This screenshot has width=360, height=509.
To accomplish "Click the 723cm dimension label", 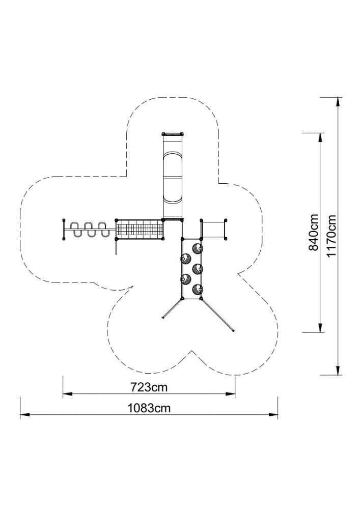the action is coord(149,387).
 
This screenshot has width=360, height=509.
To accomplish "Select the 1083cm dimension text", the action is coord(149,408).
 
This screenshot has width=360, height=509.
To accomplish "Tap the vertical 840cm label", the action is coord(313,232).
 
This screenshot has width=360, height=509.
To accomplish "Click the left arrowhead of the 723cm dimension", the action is coord(67,394).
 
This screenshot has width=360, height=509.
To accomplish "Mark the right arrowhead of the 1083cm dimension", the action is coord(273,414).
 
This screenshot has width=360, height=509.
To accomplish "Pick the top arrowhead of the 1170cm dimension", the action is coord(338,102).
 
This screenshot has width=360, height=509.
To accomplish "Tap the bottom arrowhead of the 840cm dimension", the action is coord(320,327).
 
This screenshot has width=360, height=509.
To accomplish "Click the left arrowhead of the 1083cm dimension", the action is coord(24,414).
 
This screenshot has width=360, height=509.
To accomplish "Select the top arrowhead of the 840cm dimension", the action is coord(320,137).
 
